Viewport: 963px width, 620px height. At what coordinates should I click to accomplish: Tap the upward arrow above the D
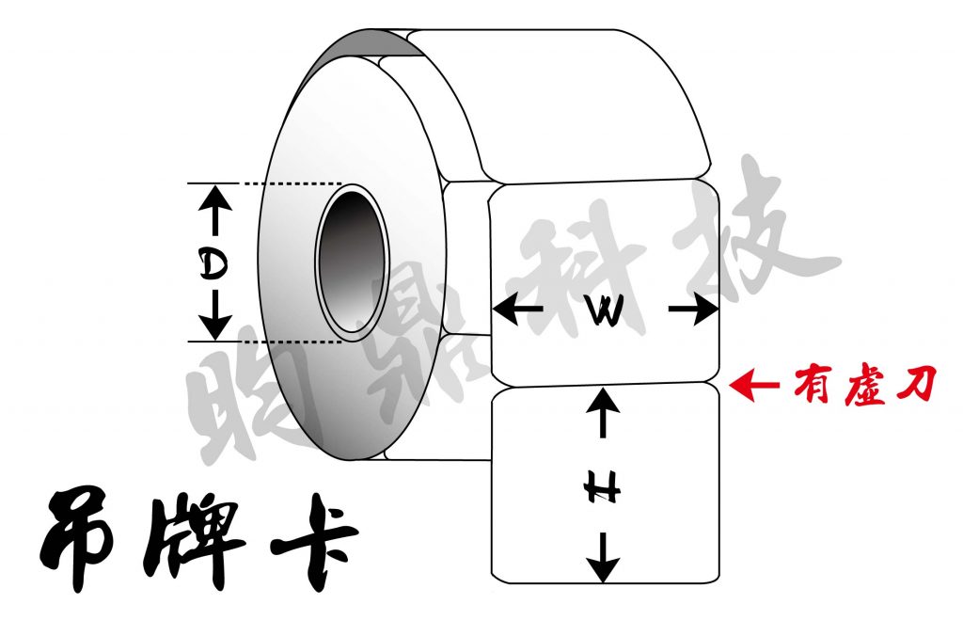pos(215,206)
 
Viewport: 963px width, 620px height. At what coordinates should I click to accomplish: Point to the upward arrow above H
pos(605,414)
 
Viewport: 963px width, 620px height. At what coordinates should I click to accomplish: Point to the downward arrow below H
pos(606,558)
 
